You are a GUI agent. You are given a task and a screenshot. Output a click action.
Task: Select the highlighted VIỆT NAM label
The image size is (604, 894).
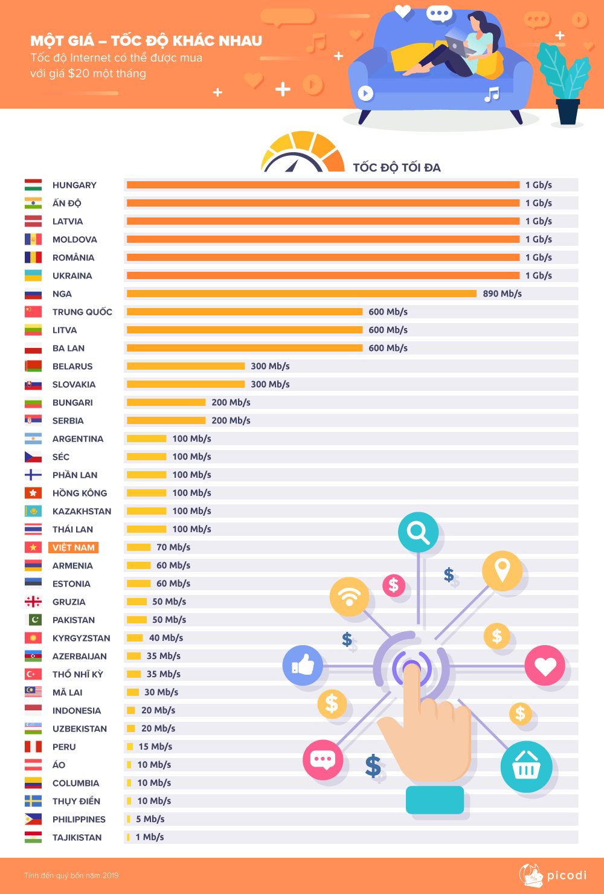click(x=74, y=547)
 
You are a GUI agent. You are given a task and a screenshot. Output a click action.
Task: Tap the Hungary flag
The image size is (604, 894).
click(x=33, y=185)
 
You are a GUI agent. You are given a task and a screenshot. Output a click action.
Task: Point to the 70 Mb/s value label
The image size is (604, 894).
click(x=173, y=547)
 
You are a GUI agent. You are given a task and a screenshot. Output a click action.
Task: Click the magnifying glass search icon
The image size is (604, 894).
click(x=418, y=532)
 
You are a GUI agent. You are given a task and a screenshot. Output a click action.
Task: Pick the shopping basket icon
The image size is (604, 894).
click(x=526, y=767)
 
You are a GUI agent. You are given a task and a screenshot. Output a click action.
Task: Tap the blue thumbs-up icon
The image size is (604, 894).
click(x=303, y=665)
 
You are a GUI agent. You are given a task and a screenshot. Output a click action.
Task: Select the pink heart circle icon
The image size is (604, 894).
click(x=545, y=665)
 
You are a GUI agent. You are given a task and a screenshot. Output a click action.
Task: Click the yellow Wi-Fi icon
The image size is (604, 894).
click(x=349, y=597)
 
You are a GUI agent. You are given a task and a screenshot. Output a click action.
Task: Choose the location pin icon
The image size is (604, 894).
click(x=502, y=570)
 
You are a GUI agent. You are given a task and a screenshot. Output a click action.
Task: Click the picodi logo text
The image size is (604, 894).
click(x=566, y=875)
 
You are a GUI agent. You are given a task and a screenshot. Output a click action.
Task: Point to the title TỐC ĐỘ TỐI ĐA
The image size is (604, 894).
click(x=397, y=167)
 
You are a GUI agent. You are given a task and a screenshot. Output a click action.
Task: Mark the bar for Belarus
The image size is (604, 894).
click(x=185, y=366)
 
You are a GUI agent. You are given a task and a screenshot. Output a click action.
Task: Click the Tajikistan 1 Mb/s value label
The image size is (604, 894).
click(x=150, y=837)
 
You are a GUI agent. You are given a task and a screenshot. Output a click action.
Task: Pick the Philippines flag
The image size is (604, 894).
click(x=33, y=819)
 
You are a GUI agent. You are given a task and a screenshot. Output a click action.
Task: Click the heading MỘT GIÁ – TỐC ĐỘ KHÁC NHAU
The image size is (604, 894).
click(x=146, y=41)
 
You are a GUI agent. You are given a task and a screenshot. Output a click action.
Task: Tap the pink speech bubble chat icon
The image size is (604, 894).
click(x=323, y=759)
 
